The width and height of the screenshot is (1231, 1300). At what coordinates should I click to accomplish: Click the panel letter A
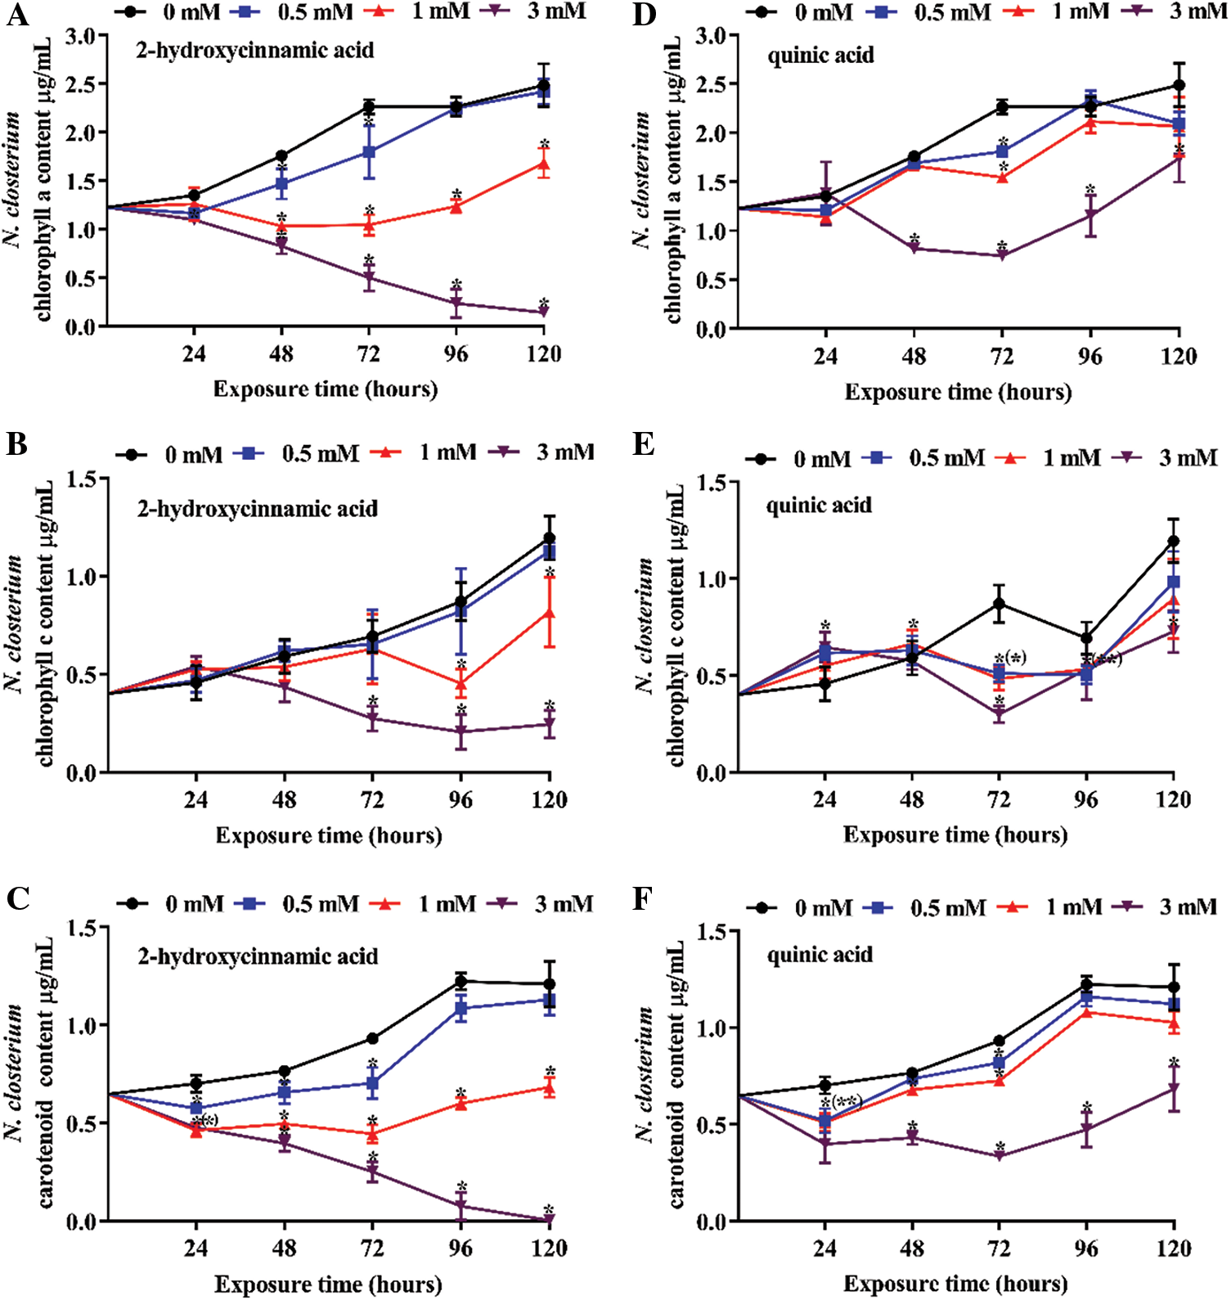pos(17,16)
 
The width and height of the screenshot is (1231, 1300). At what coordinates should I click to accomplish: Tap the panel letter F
pos(644,898)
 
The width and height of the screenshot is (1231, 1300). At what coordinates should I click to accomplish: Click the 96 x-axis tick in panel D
pos(1089,357)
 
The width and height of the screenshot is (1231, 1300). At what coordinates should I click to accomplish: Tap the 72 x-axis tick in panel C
pos(372,1248)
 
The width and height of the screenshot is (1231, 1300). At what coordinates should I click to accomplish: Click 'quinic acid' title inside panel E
pos(819,506)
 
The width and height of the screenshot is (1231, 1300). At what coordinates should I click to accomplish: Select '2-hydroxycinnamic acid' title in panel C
pos(258,956)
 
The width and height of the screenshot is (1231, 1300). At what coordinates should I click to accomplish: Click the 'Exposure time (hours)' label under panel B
pos(329,835)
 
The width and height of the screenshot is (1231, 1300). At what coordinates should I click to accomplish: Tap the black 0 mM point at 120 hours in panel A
pos(544,85)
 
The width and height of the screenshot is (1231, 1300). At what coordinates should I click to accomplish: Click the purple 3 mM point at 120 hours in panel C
pos(549,1220)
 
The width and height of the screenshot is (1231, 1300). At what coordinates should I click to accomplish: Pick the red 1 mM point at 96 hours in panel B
pos(461,683)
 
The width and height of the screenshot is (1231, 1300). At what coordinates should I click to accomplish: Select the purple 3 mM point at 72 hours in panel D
pos(1002,255)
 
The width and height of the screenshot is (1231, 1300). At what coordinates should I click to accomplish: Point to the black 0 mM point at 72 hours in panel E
pos(999,604)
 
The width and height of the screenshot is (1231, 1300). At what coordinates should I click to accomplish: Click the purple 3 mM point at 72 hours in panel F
pos(1000,1156)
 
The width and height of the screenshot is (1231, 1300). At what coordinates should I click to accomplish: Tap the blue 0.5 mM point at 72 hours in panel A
pos(369,152)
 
